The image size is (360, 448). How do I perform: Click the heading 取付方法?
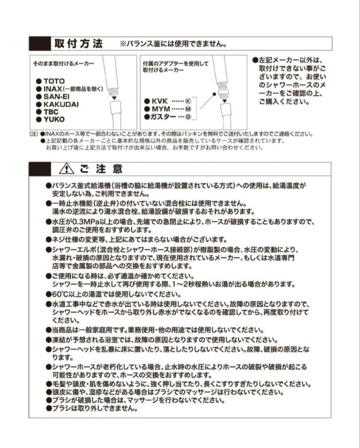coord(78,44)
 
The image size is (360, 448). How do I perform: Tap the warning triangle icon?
coord(66,168)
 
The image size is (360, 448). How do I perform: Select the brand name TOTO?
coord(54,81)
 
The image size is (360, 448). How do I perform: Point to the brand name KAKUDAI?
coord(61,104)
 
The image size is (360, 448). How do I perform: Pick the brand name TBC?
coord(51,112)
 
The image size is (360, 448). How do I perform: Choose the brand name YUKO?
coord(54,119)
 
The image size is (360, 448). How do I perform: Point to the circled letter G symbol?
coord(188,117)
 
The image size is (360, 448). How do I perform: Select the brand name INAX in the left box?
coord(53,89)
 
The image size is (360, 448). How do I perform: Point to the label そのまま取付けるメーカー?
coord(64,63)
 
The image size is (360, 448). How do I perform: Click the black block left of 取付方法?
coord(39,44)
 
